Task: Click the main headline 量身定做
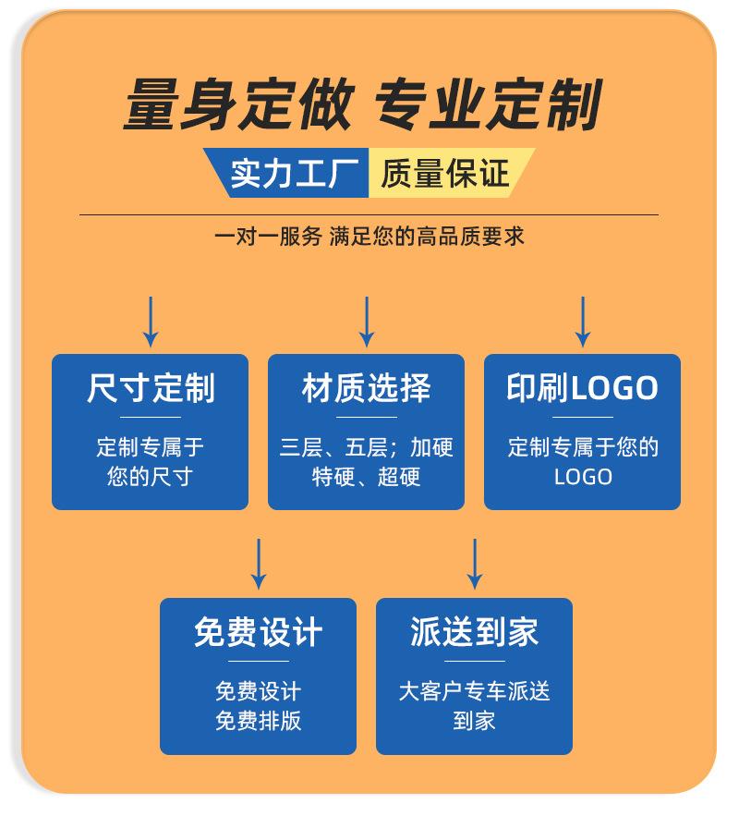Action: [x=237, y=105]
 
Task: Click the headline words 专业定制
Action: [x=487, y=105]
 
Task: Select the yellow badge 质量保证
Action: [x=444, y=172]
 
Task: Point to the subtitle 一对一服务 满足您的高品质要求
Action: [x=369, y=237]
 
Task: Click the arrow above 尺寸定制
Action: [x=151, y=322]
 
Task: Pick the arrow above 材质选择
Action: [x=367, y=322]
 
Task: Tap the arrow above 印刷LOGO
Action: [x=582, y=322]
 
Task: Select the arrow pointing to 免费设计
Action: [x=259, y=564]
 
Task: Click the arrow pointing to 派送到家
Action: [x=475, y=564]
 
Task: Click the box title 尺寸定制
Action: [x=151, y=388]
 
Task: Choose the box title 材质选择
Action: [x=367, y=388]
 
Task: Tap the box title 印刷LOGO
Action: [x=582, y=388]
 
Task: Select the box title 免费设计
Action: [x=259, y=632]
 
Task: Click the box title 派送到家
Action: [x=475, y=632]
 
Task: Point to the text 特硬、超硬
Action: [x=367, y=477]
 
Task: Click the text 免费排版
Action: [x=259, y=721]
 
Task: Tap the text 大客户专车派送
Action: [x=475, y=691]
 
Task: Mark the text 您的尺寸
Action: [x=151, y=477]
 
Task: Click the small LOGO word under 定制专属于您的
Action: [x=583, y=477]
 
